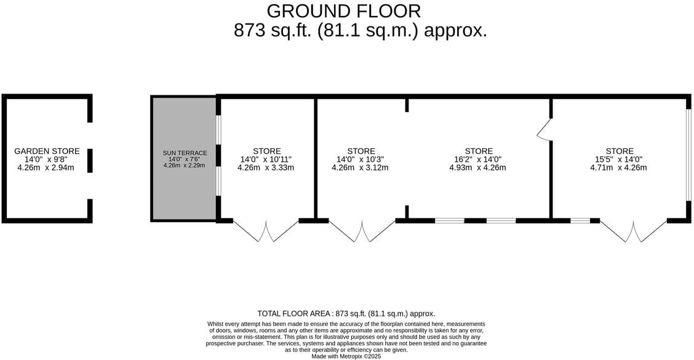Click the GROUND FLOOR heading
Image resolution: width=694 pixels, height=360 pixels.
point(345,11)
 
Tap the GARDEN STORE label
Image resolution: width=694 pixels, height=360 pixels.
point(47,151)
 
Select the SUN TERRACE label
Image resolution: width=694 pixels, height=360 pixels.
point(185,153)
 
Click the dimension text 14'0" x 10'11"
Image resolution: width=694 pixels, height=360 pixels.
point(266,159)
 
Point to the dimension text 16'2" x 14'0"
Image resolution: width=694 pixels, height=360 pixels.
point(477,159)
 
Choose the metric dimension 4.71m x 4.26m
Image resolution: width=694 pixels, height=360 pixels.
point(618,167)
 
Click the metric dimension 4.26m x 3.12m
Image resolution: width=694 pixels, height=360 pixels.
point(360,167)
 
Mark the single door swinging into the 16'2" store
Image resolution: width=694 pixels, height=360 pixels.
point(543,129)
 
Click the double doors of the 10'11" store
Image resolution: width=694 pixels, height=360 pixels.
point(266,230)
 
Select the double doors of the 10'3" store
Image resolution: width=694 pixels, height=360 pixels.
point(362,230)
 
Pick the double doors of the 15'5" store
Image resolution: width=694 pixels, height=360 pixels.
point(633,230)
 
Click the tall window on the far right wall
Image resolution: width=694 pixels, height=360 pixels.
point(688,156)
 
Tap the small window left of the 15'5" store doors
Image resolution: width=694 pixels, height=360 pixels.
point(580,220)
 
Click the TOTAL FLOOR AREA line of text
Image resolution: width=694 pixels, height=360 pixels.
point(346,313)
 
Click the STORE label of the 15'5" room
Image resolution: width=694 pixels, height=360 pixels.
point(619,151)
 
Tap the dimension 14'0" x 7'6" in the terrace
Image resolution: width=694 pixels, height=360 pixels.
point(185,159)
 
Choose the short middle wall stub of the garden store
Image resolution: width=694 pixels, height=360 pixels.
point(90,161)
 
